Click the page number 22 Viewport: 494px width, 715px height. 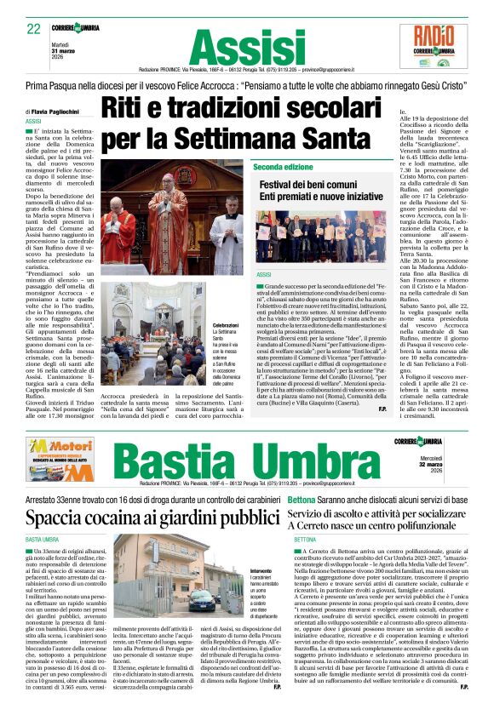pos(34,28)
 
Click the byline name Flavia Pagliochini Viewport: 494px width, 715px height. pos(67,112)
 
